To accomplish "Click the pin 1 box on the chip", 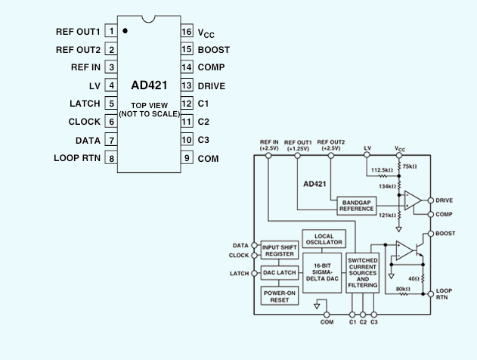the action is tap(111, 31).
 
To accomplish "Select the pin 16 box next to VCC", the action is tap(187, 31).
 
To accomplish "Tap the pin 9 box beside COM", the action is tap(187, 157).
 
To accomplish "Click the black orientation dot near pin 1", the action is tap(125, 31).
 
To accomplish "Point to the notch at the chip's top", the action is tap(148, 19).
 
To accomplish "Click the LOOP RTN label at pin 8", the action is tap(77, 158).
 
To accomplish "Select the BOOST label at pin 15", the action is tap(214, 50).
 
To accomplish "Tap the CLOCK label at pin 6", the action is tap(84, 122).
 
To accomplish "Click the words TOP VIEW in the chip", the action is tap(150, 105).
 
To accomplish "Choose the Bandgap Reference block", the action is tap(357, 206).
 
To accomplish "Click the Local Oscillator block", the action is tap(324, 239).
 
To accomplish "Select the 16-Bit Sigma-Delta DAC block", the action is tap(322, 273).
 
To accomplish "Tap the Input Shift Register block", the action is tap(280, 250).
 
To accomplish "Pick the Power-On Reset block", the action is tap(280, 296).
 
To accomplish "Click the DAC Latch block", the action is tap(280, 273).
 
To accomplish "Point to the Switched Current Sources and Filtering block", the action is tap(363, 273).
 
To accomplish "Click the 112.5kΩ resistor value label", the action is tap(382, 170).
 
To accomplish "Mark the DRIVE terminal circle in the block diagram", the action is tap(430, 200).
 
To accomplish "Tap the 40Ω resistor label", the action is tap(413, 278).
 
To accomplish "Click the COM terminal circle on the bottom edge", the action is tap(327, 315).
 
